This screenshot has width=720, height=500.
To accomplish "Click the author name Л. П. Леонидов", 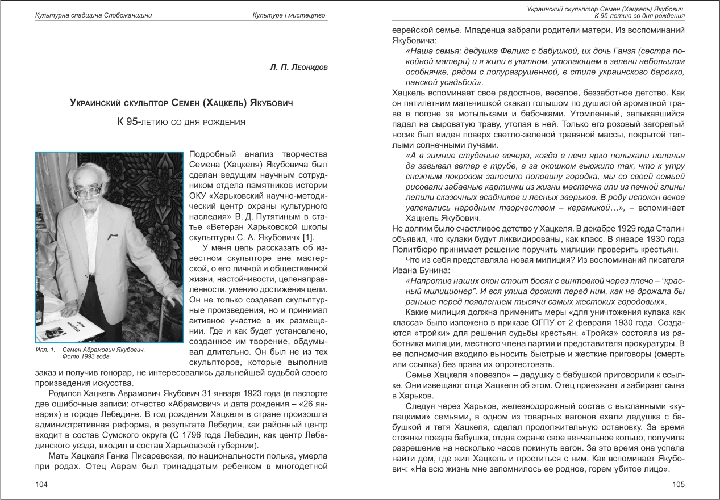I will [x=299, y=67].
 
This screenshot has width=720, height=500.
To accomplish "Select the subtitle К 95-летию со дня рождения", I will [x=181, y=121].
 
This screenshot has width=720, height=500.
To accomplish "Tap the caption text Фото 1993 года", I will [x=85, y=358].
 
